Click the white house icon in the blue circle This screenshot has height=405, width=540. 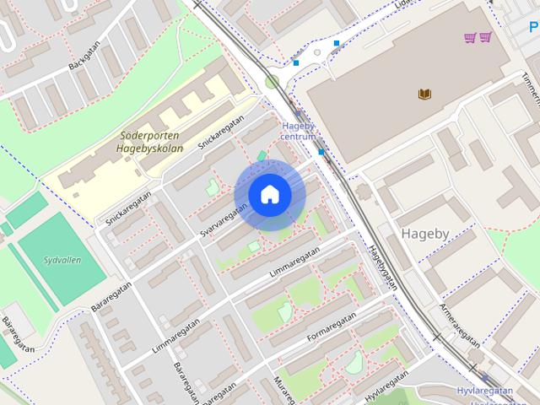click(269, 195)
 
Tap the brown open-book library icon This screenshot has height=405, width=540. click(424, 94)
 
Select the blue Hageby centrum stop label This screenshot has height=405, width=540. click(298, 131)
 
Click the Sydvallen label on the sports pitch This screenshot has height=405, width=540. click(62, 260)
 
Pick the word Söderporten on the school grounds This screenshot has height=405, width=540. click(151, 135)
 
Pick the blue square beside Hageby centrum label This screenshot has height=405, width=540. click(321, 153)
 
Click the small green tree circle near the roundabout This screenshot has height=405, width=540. click(272, 82)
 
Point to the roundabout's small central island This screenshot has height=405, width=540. click(317, 52)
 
